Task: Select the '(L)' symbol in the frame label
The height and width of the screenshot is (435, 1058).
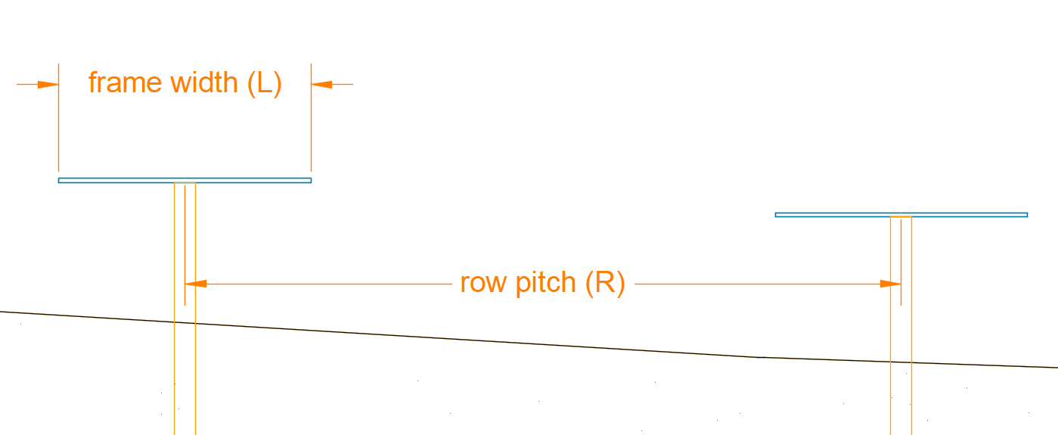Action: click(265, 82)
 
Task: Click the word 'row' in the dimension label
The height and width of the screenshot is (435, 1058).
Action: click(480, 283)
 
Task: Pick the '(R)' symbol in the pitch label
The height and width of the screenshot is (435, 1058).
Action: click(605, 283)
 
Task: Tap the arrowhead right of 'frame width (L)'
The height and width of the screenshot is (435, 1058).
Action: click(321, 84)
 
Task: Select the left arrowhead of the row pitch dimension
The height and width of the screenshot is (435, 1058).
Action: click(196, 284)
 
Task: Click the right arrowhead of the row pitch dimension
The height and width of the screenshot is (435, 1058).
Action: click(890, 284)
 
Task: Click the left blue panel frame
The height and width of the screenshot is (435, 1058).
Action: click(113, 180)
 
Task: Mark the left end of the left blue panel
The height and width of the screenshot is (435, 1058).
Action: click(60, 180)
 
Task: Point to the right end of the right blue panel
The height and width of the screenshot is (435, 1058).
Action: click(1026, 215)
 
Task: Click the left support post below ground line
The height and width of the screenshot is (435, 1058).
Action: click(185, 378)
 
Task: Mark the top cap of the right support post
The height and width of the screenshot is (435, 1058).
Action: click(901, 218)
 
